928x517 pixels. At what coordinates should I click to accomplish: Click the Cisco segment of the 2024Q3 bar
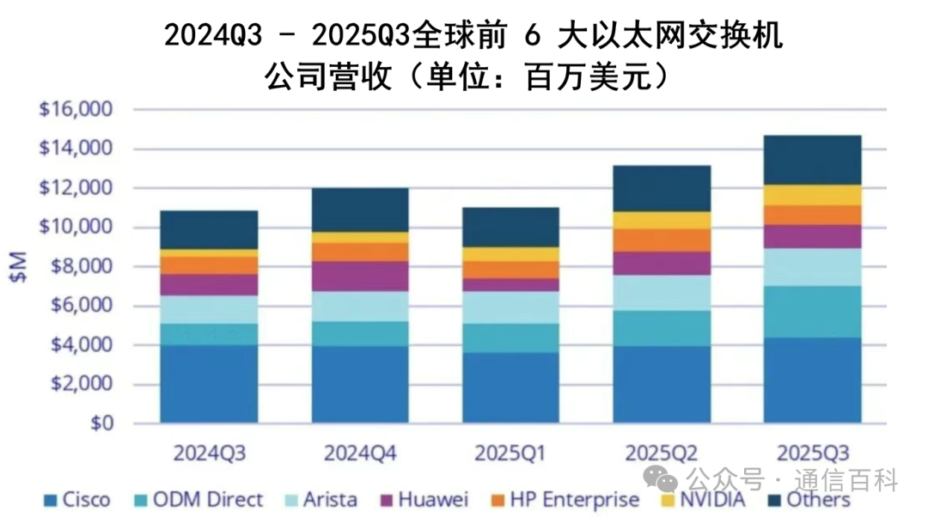[209, 384]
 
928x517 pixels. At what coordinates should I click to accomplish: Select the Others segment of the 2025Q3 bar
[812, 160]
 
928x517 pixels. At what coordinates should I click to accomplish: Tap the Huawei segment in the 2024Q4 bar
[360, 277]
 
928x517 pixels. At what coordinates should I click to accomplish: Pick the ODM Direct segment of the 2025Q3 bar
[812, 312]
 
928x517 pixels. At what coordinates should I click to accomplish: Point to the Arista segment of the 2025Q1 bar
[510, 307]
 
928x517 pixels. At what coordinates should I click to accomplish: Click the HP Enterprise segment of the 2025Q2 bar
[662, 240]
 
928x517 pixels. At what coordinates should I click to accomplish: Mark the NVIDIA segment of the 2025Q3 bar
[812, 195]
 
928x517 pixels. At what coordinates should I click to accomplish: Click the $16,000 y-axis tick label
[76, 110]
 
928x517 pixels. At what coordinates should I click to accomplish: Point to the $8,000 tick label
[81, 267]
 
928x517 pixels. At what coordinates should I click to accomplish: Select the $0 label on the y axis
[101, 423]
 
